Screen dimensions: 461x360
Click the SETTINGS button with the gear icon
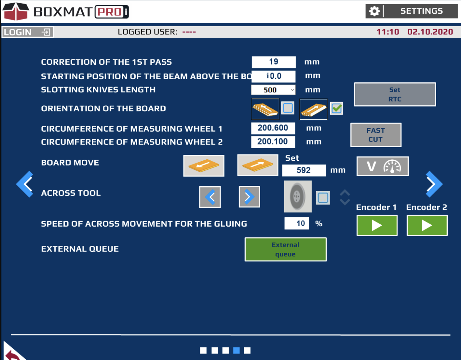(x=411, y=11)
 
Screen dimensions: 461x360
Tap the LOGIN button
(x=28, y=32)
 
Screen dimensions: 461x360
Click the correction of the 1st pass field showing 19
(x=274, y=62)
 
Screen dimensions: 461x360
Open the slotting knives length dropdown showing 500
(x=273, y=90)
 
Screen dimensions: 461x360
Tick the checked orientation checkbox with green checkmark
(x=336, y=108)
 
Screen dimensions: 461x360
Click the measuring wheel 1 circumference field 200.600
(x=273, y=128)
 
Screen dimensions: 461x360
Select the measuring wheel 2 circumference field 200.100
(x=273, y=142)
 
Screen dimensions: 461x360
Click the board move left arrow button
(x=203, y=166)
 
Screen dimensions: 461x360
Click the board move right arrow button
(x=258, y=165)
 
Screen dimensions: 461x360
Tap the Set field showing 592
(x=304, y=170)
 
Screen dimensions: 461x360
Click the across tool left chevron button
(x=210, y=197)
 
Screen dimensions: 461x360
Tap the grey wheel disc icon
(x=298, y=196)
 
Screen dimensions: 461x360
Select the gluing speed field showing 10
(x=297, y=223)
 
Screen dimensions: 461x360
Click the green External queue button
(x=286, y=249)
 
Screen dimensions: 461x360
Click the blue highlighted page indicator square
(x=236, y=350)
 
